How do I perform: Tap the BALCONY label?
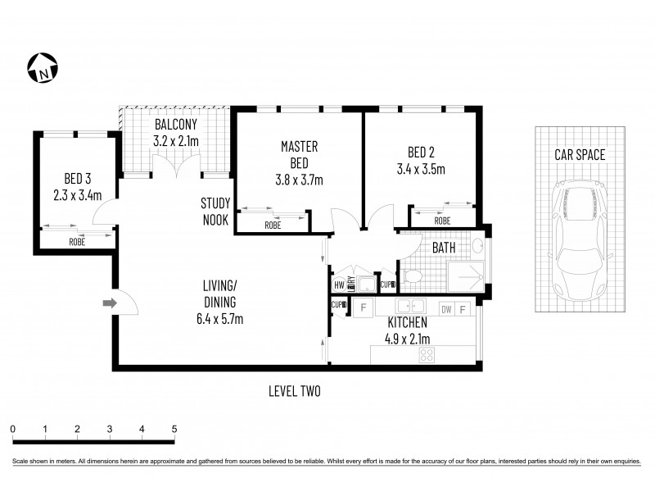tap(176, 125)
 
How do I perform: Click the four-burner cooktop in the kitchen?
tap(427, 354)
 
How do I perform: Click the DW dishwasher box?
tap(445, 309)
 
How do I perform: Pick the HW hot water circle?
tap(338, 285)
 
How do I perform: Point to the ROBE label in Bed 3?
tap(77, 243)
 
